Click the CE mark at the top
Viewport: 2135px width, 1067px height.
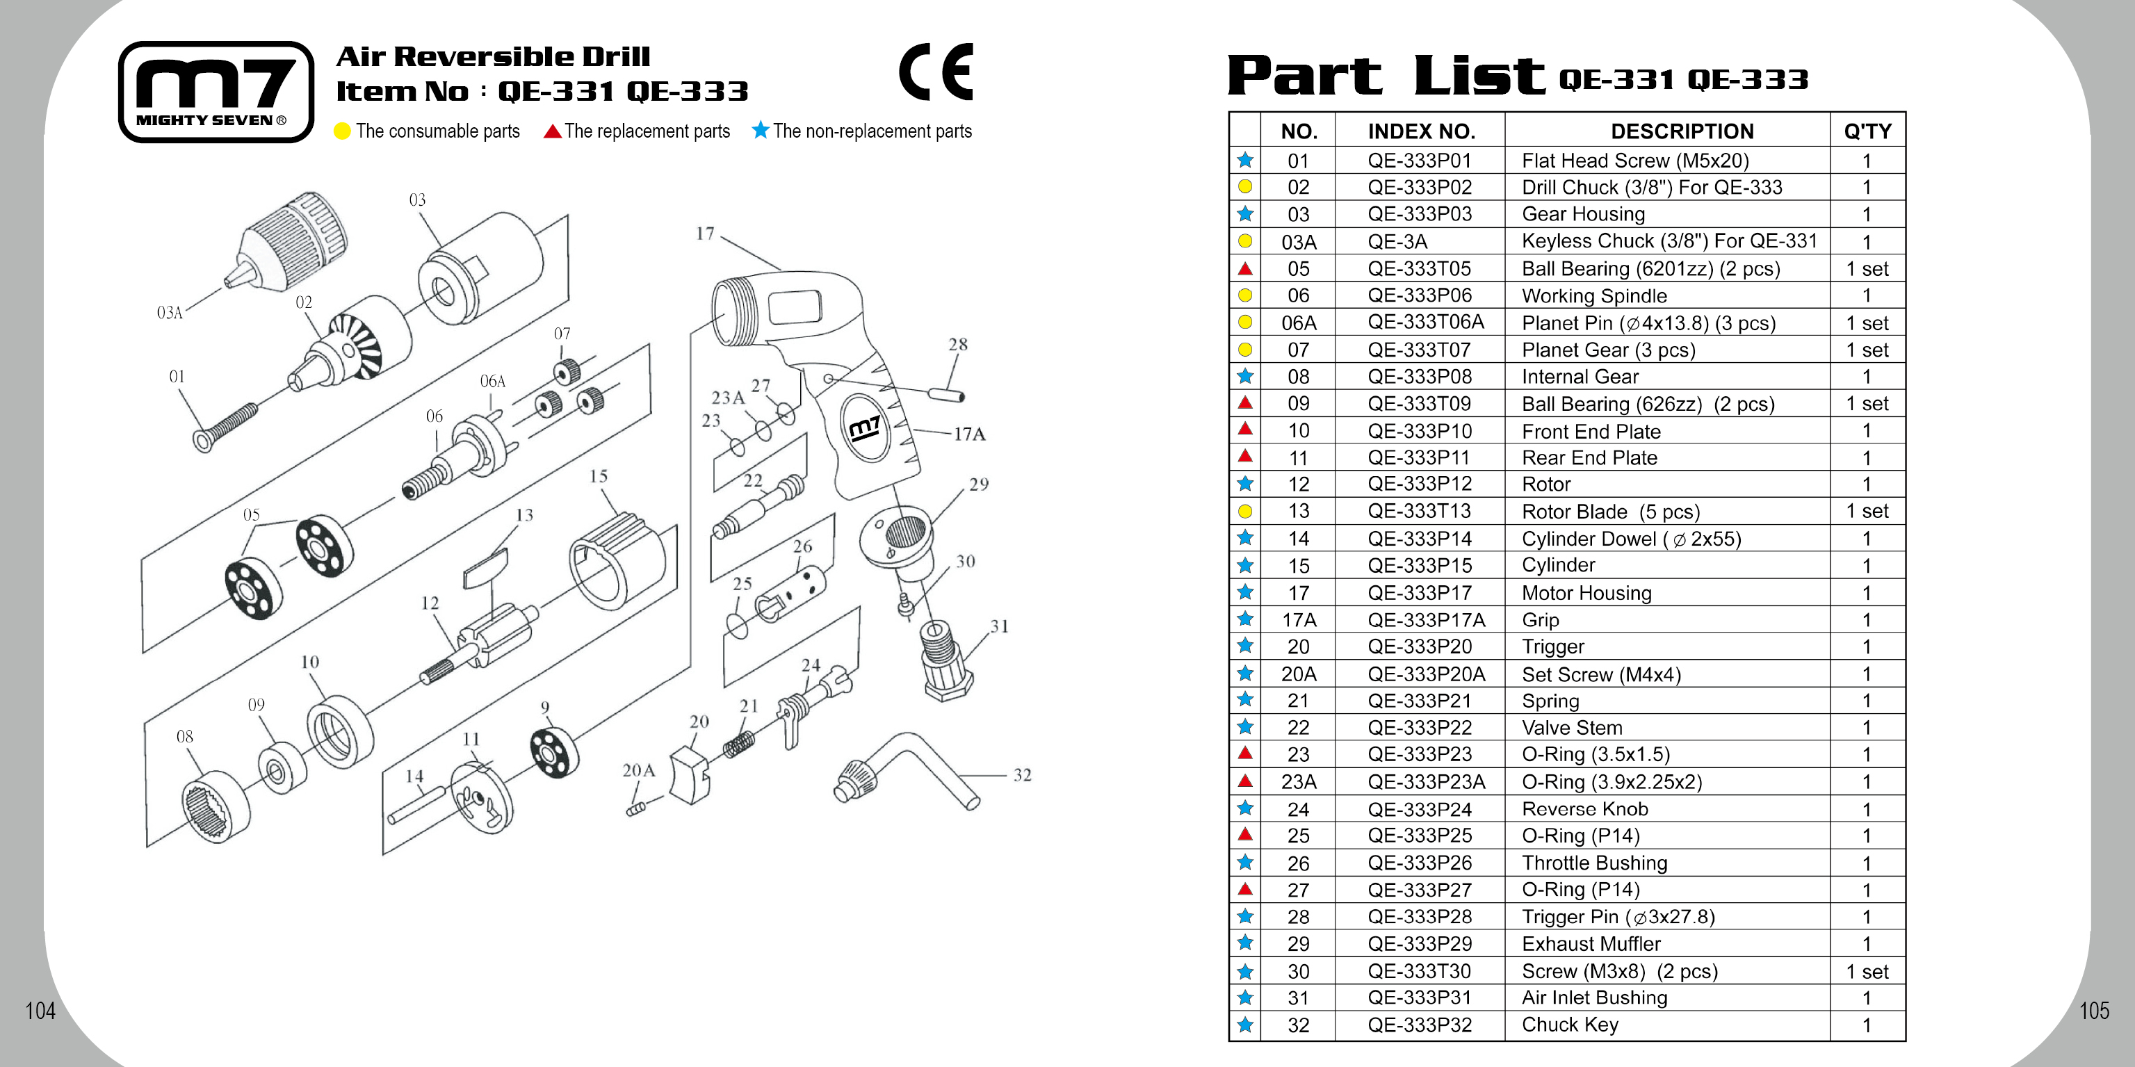coord(936,72)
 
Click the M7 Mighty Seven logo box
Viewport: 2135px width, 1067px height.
coord(216,92)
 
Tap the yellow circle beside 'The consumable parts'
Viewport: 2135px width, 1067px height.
coord(342,131)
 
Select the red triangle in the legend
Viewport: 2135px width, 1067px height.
coord(553,131)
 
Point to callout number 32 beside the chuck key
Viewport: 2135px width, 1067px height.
coord(1022,775)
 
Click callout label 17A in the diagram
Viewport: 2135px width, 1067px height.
coord(969,434)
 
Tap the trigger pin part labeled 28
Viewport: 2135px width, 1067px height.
coord(945,393)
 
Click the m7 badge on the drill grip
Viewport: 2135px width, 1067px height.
coord(864,428)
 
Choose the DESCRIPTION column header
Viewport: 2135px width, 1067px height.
coord(1682,131)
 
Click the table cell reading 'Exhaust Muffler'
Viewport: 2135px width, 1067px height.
coord(1591,943)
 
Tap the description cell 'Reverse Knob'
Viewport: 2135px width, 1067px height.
coord(1584,808)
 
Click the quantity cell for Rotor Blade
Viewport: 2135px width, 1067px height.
coord(1867,511)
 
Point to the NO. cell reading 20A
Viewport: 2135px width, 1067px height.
coord(1298,674)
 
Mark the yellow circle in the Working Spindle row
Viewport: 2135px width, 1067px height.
coord(1245,295)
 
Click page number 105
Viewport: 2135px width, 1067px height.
coord(2093,1010)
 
